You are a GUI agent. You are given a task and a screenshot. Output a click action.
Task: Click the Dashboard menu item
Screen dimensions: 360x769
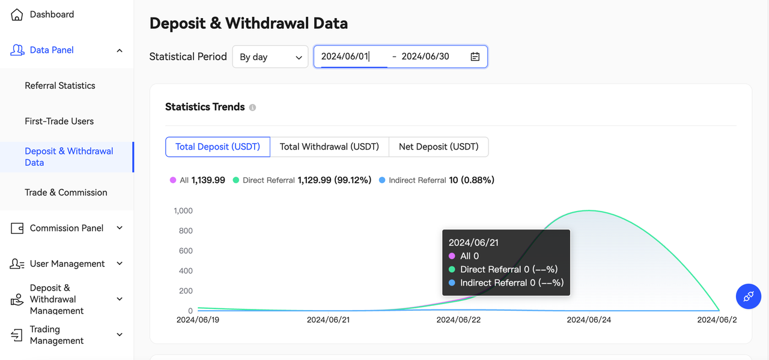[52, 14]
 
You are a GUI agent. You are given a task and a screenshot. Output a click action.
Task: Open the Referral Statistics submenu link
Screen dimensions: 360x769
[60, 86]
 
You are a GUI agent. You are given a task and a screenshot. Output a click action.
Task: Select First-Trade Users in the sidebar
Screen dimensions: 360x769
[59, 121]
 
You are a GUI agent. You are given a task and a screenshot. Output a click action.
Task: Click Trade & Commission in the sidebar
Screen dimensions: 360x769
[66, 193]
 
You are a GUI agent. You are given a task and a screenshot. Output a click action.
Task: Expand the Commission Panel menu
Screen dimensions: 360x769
[66, 228]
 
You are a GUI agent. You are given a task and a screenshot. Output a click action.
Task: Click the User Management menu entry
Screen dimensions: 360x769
[67, 264]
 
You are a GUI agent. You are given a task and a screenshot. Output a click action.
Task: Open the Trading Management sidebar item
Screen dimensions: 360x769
[56, 335]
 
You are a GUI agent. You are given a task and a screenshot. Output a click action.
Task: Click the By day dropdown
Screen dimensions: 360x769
[270, 57]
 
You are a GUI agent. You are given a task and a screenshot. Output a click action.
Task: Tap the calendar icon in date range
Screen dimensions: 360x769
[475, 56]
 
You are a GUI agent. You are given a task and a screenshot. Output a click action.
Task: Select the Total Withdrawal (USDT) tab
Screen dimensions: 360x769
[330, 147]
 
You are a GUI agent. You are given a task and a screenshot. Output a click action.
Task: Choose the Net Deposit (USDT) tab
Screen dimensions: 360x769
[439, 147]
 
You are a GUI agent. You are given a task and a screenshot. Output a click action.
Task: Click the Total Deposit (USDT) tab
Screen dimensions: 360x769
[217, 147]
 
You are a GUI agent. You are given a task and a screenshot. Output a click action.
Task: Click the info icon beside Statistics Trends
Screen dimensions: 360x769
[252, 108]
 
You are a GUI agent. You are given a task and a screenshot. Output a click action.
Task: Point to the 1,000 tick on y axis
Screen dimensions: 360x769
[183, 211]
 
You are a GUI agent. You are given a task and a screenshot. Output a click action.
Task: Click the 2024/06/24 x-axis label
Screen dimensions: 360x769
[589, 320]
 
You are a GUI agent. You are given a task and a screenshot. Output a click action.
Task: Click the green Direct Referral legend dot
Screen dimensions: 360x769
[236, 180]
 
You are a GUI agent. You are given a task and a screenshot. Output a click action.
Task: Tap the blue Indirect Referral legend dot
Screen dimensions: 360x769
[382, 180]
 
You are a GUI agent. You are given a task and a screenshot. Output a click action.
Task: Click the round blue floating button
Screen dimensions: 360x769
[749, 296]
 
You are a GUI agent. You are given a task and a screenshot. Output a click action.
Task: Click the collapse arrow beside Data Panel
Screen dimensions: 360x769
[120, 50]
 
